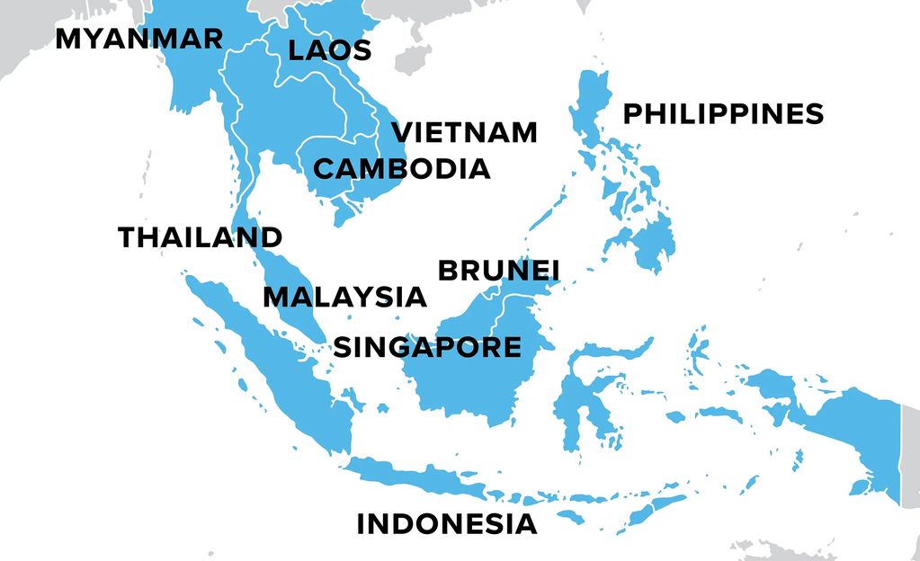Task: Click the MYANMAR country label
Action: click(138, 40)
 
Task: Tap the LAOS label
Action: click(329, 50)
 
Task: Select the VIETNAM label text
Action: click(465, 132)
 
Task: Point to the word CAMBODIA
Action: click(401, 168)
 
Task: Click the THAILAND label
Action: click(201, 237)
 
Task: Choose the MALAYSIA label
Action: click(344, 297)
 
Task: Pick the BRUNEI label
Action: click(498, 271)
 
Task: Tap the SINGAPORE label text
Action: click(427, 347)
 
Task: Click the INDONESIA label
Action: click(447, 524)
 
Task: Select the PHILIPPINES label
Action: click(723, 114)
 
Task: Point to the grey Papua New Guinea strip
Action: click(909, 450)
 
